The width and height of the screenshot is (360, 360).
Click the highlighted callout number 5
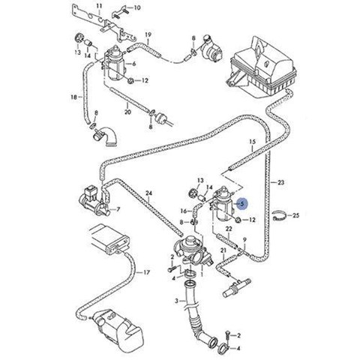(242, 204)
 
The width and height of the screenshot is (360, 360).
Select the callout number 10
(137, 7)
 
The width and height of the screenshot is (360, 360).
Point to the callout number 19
(148, 34)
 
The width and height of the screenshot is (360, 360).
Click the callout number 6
(134, 64)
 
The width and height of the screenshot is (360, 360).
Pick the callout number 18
(74, 97)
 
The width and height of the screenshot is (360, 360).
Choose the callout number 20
(127, 112)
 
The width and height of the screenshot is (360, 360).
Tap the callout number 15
(253, 142)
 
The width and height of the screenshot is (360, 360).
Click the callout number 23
(281, 182)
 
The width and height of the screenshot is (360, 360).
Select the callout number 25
(295, 215)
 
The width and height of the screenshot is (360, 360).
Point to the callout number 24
(148, 193)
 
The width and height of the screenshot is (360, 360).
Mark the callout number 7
(118, 208)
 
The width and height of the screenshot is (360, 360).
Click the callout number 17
(146, 272)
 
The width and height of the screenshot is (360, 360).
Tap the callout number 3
(176, 301)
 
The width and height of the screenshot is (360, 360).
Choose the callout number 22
(229, 229)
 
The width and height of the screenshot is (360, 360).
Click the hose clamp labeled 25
(279, 216)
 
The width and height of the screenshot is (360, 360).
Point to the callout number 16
(184, 211)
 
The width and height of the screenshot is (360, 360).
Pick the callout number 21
(223, 250)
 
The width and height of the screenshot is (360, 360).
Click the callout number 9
(244, 240)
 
